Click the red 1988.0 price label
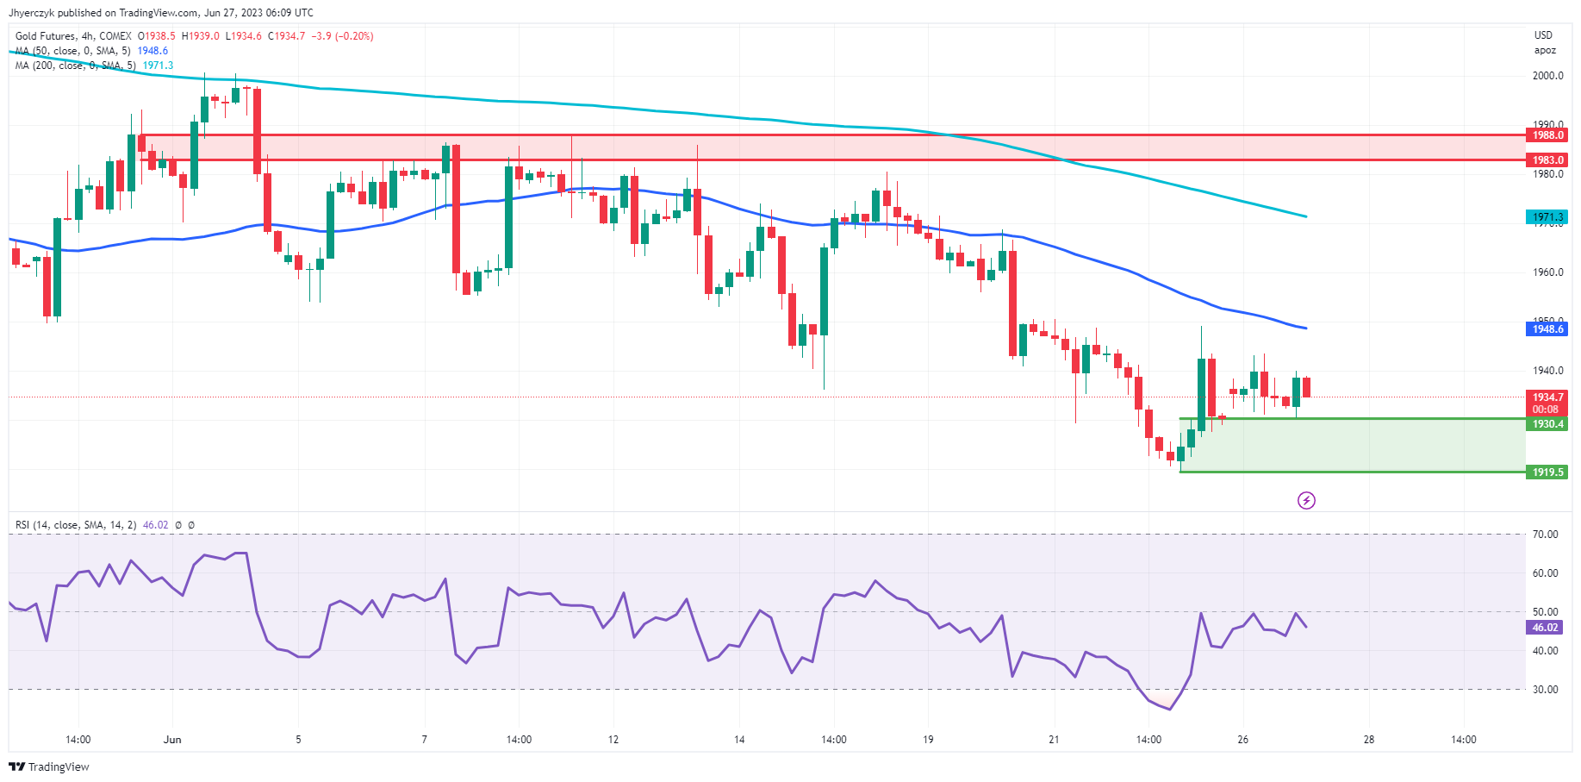click(x=1547, y=135)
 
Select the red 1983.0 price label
click(x=1547, y=160)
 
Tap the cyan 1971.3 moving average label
click(x=1547, y=217)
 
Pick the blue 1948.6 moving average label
click(x=1547, y=329)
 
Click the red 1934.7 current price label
click(x=1547, y=397)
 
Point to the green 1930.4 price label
click(x=1547, y=424)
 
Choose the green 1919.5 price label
click(x=1547, y=472)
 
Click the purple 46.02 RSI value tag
click(x=1545, y=628)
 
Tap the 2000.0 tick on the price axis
click(x=1547, y=76)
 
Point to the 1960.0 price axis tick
click(x=1547, y=272)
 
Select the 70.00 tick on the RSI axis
click(x=1545, y=535)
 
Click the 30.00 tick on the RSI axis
click(x=1545, y=690)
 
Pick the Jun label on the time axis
click(x=172, y=740)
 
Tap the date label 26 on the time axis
click(x=1242, y=740)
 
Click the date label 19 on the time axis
click(x=928, y=740)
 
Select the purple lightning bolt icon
click(x=1306, y=501)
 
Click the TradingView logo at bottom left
click(x=49, y=766)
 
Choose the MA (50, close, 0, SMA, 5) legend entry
click(x=73, y=51)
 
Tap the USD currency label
click(x=1543, y=35)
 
